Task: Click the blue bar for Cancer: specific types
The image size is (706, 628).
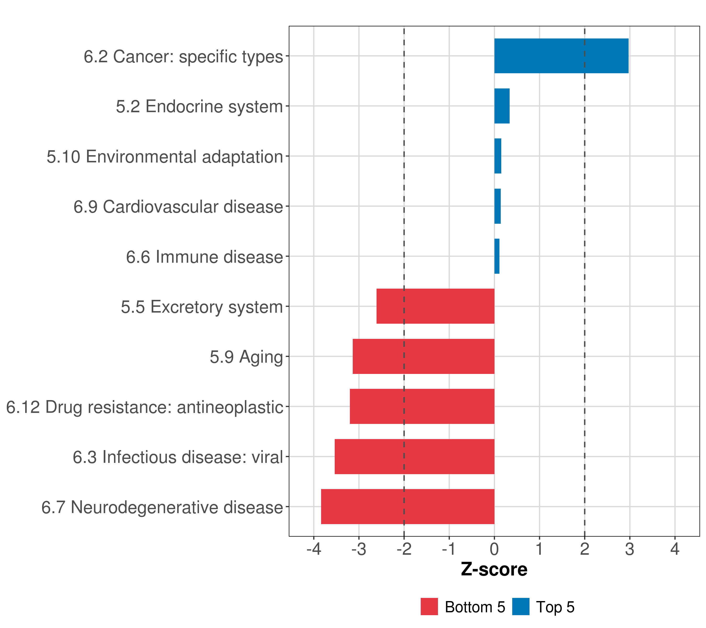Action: pos(561,56)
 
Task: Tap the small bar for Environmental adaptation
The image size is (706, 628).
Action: pos(498,156)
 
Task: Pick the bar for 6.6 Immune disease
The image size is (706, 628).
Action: pos(497,256)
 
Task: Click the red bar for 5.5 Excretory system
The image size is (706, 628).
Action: pos(435,306)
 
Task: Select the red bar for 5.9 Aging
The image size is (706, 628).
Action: pos(423,356)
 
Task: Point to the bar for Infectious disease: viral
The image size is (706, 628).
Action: pos(414,457)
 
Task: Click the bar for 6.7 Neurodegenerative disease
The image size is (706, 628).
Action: pos(408,507)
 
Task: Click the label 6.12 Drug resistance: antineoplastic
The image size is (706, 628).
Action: pos(145,407)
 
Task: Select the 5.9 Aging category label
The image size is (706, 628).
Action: pos(246,357)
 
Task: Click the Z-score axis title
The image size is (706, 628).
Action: pos(494,569)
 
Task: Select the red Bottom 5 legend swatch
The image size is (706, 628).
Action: pos(429,607)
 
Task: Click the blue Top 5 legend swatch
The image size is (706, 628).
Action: pos(521,607)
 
